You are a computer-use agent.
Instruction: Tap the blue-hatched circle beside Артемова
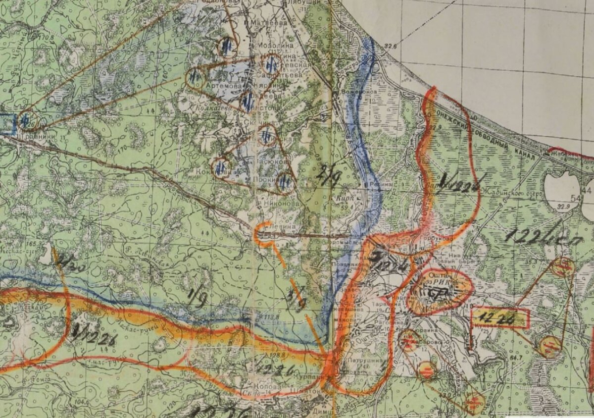196,78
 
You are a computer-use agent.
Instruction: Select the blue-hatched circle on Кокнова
221,167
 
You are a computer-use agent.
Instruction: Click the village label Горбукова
439,238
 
